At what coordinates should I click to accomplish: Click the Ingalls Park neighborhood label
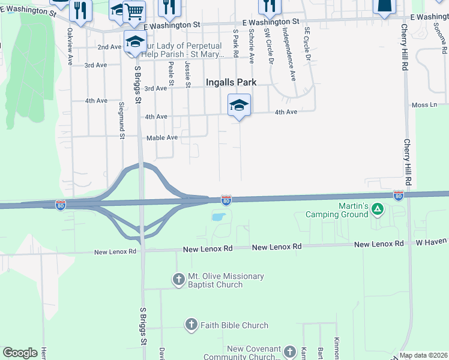[231, 82]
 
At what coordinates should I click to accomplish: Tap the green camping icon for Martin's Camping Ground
[378, 209]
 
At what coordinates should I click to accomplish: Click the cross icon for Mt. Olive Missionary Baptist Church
[178, 279]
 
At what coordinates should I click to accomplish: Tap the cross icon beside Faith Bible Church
[191, 325]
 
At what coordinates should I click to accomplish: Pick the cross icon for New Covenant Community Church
[290, 352]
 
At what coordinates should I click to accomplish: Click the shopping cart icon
[134, 10]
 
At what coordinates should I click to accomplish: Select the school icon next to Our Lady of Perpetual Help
[135, 42]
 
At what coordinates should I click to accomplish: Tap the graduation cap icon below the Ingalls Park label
[239, 105]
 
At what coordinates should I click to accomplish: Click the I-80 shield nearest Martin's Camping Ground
[398, 196]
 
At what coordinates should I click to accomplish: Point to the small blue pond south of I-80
[218, 217]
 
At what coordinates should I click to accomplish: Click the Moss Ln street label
[424, 105]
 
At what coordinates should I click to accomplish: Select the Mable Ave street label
[162, 137]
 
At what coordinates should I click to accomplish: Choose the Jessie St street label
[188, 74]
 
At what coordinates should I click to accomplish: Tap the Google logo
[20, 353]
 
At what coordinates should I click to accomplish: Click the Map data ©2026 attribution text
[423, 355]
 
